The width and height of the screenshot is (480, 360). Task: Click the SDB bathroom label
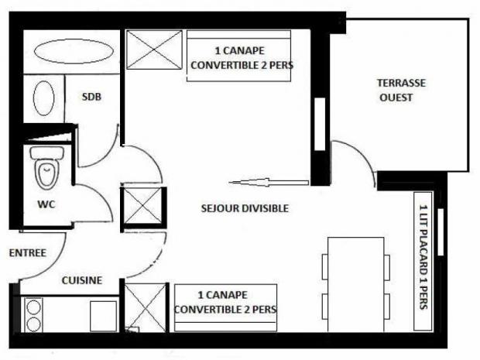(91, 97)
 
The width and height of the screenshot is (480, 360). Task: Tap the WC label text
(46, 204)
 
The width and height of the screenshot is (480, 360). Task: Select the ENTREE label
(28, 253)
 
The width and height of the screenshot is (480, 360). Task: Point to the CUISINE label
(82, 280)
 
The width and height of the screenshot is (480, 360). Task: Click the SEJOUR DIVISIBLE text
(245, 208)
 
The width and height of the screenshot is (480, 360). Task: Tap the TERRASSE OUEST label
(401, 91)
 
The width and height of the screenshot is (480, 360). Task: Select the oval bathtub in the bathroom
(74, 51)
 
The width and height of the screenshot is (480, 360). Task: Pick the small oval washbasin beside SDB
(44, 98)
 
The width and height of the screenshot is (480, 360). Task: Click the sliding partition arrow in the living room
(269, 183)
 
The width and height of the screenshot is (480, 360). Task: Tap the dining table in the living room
(355, 284)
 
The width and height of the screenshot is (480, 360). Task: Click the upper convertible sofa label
(242, 58)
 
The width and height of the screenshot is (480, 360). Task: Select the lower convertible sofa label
(225, 302)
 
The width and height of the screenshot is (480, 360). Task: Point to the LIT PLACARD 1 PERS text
(423, 257)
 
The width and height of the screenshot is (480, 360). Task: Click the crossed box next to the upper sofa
(154, 50)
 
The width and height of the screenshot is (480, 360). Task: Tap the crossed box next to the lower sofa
(146, 307)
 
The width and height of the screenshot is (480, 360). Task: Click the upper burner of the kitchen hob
(33, 307)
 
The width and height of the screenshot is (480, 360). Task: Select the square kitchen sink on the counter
(104, 316)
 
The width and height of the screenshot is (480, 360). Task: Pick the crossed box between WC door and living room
(142, 206)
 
